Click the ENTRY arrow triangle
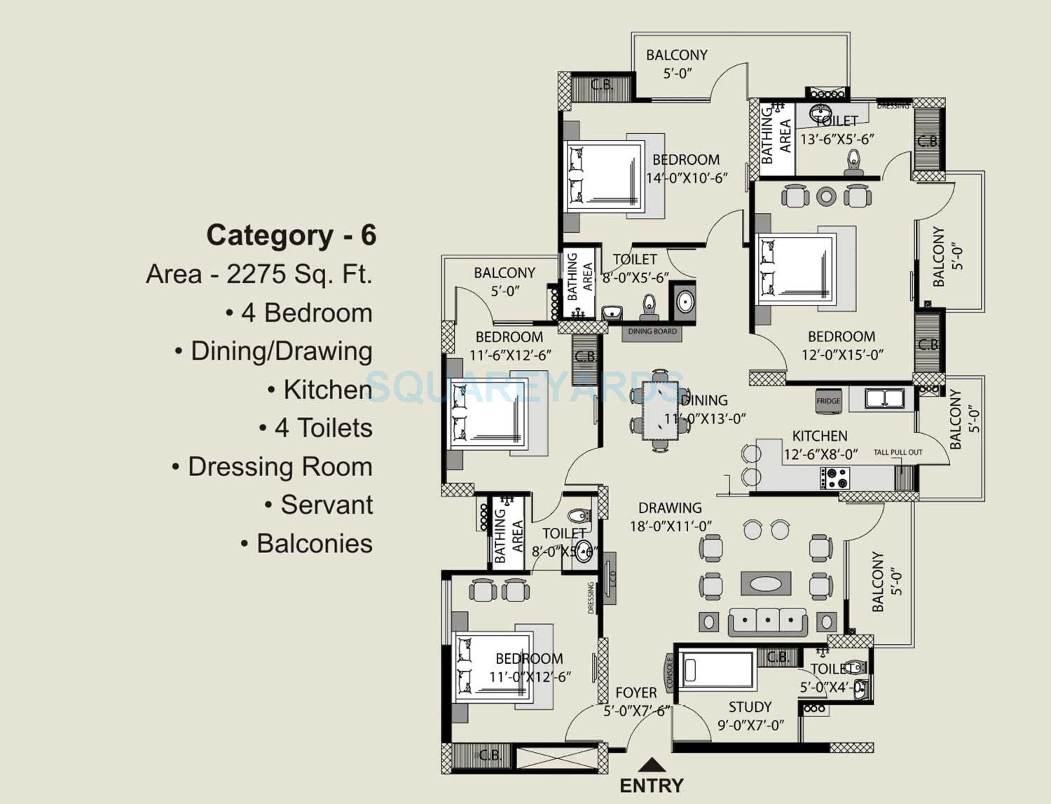tap(652, 765)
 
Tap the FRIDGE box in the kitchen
tap(828, 401)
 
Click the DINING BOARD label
tap(652, 332)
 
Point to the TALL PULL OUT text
tap(898, 452)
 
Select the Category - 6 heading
tap(291, 236)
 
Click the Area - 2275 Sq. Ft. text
tap(259, 274)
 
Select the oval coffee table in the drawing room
tap(766, 584)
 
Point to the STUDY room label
tap(750, 707)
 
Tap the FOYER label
tap(636, 693)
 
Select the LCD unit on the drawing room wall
tap(610, 578)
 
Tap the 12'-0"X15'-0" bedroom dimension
tap(842, 355)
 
